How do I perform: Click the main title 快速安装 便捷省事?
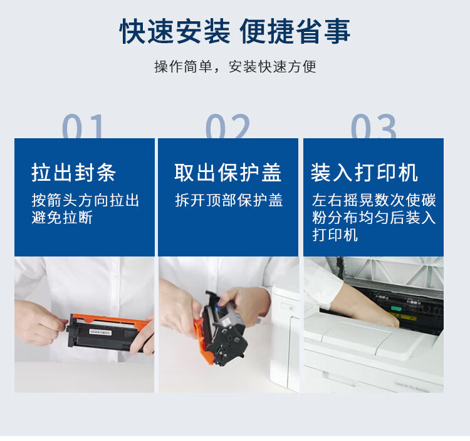pyautogui.click(x=235, y=31)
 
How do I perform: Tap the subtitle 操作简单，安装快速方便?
pyautogui.click(x=235, y=66)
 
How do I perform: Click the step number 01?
pyautogui.click(x=83, y=126)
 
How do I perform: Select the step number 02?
pyautogui.click(x=228, y=126)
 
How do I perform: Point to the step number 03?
pyautogui.click(x=373, y=126)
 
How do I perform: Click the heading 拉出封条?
pyautogui.click(x=73, y=173)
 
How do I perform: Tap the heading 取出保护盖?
pyautogui.click(x=228, y=173)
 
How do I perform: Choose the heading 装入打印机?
pyautogui.click(x=364, y=173)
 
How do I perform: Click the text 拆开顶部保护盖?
pyautogui.click(x=229, y=200)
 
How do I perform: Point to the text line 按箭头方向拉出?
pyautogui.click(x=85, y=200)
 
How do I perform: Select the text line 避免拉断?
pyautogui.click(x=62, y=217)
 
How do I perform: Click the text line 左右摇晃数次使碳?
pyautogui.click(x=373, y=200)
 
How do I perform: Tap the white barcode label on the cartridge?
pyautogui.click(x=100, y=332)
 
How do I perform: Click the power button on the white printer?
pyautogui.click(x=291, y=308)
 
